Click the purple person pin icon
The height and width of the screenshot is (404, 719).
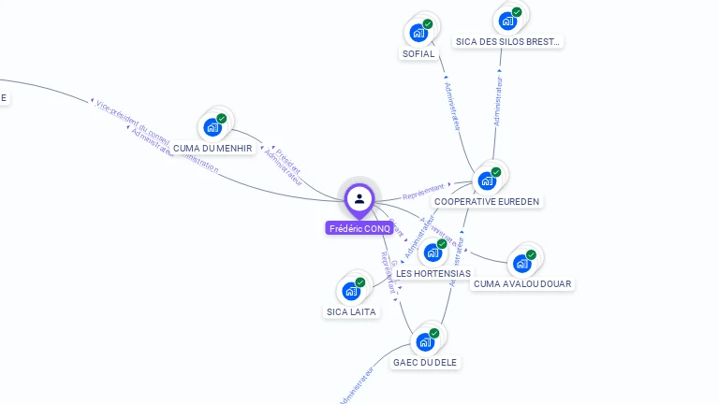(x=359, y=198)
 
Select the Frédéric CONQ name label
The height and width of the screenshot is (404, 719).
(x=359, y=228)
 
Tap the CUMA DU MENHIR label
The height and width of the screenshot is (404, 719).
(x=213, y=148)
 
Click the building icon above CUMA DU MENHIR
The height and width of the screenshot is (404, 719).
(x=213, y=127)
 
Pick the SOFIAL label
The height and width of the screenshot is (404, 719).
(x=418, y=54)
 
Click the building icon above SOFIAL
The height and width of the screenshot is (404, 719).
(x=418, y=33)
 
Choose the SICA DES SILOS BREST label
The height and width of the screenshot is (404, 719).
(x=507, y=41)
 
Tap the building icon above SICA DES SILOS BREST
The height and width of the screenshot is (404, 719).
(x=507, y=21)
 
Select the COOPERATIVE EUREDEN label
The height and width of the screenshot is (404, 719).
(x=488, y=201)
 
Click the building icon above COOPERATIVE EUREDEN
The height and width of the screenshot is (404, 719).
(x=487, y=180)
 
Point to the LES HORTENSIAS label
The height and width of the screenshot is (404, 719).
(x=433, y=273)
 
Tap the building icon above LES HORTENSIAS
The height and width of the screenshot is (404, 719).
(x=433, y=252)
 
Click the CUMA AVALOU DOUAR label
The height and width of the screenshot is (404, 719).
(x=522, y=283)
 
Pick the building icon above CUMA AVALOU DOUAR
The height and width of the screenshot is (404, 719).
(x=521, y=263)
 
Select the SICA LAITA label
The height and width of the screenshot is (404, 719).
(x=351, y=311)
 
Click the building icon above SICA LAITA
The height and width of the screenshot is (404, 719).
(x=351, y=291)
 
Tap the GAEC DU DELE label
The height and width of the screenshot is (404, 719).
(x=426, y=362)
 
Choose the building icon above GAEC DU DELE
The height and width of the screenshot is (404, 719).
(x=425, y=341)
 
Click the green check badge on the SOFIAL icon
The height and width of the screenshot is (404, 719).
(x=428, y=24)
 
